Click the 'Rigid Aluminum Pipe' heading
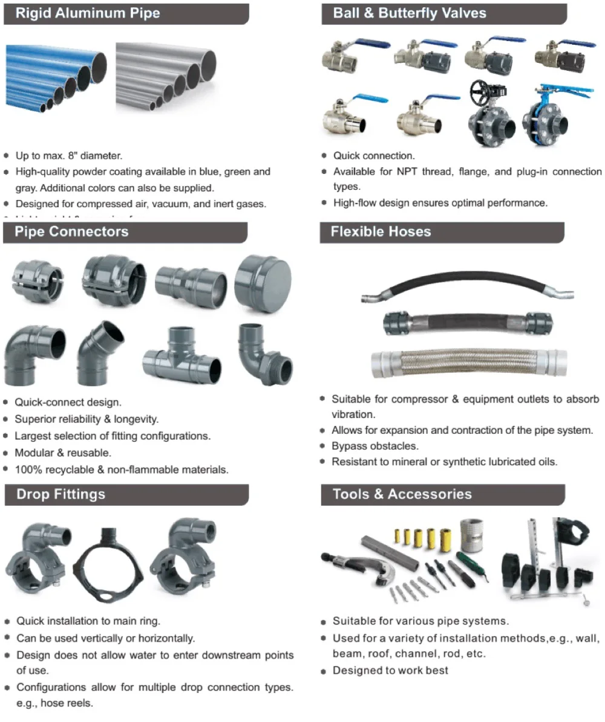tap(87, 13)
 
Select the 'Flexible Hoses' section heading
tap(381, 231)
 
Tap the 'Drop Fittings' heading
tap(60, 494)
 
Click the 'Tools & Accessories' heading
tap(402, 494)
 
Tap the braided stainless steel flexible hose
tap(469, 362)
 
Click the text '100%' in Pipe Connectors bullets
tap(27, 469)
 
